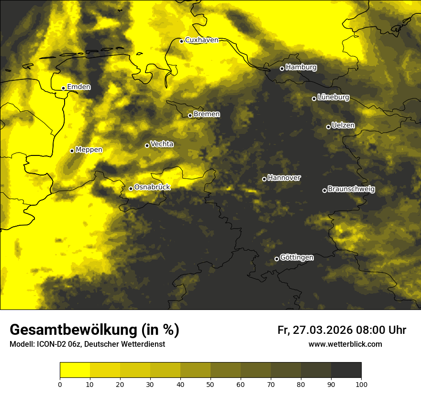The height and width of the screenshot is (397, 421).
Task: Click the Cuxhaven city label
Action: click(201, 40)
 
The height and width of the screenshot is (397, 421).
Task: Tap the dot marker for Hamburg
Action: click(282, 68)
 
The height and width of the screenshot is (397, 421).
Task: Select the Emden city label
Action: click(78, 87)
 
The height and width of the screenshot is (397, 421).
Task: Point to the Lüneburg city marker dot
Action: click(314, 99)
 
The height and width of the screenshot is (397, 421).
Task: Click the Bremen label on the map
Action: click(207, 114)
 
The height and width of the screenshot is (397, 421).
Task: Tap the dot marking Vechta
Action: click(147, 145)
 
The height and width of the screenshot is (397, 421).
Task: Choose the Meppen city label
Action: click(89, 150)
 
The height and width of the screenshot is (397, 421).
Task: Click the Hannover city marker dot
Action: click(264, 179)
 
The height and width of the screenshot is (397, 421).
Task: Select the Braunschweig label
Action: click(351, 189)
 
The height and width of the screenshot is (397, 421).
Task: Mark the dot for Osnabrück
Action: click(131, 188)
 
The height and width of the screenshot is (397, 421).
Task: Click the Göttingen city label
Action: click(297, 258)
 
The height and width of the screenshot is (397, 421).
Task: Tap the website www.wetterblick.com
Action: click(345, 344)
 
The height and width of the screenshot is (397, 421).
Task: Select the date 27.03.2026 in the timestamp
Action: click(322, 330)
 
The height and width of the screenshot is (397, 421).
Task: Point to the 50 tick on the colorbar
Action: click(210, 384)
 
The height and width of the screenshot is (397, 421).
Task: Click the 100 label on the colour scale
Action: click(361, 384)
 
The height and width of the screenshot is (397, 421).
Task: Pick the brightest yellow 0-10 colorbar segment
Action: click(75, 370)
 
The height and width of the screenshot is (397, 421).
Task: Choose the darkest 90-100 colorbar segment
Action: click(346, 370)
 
